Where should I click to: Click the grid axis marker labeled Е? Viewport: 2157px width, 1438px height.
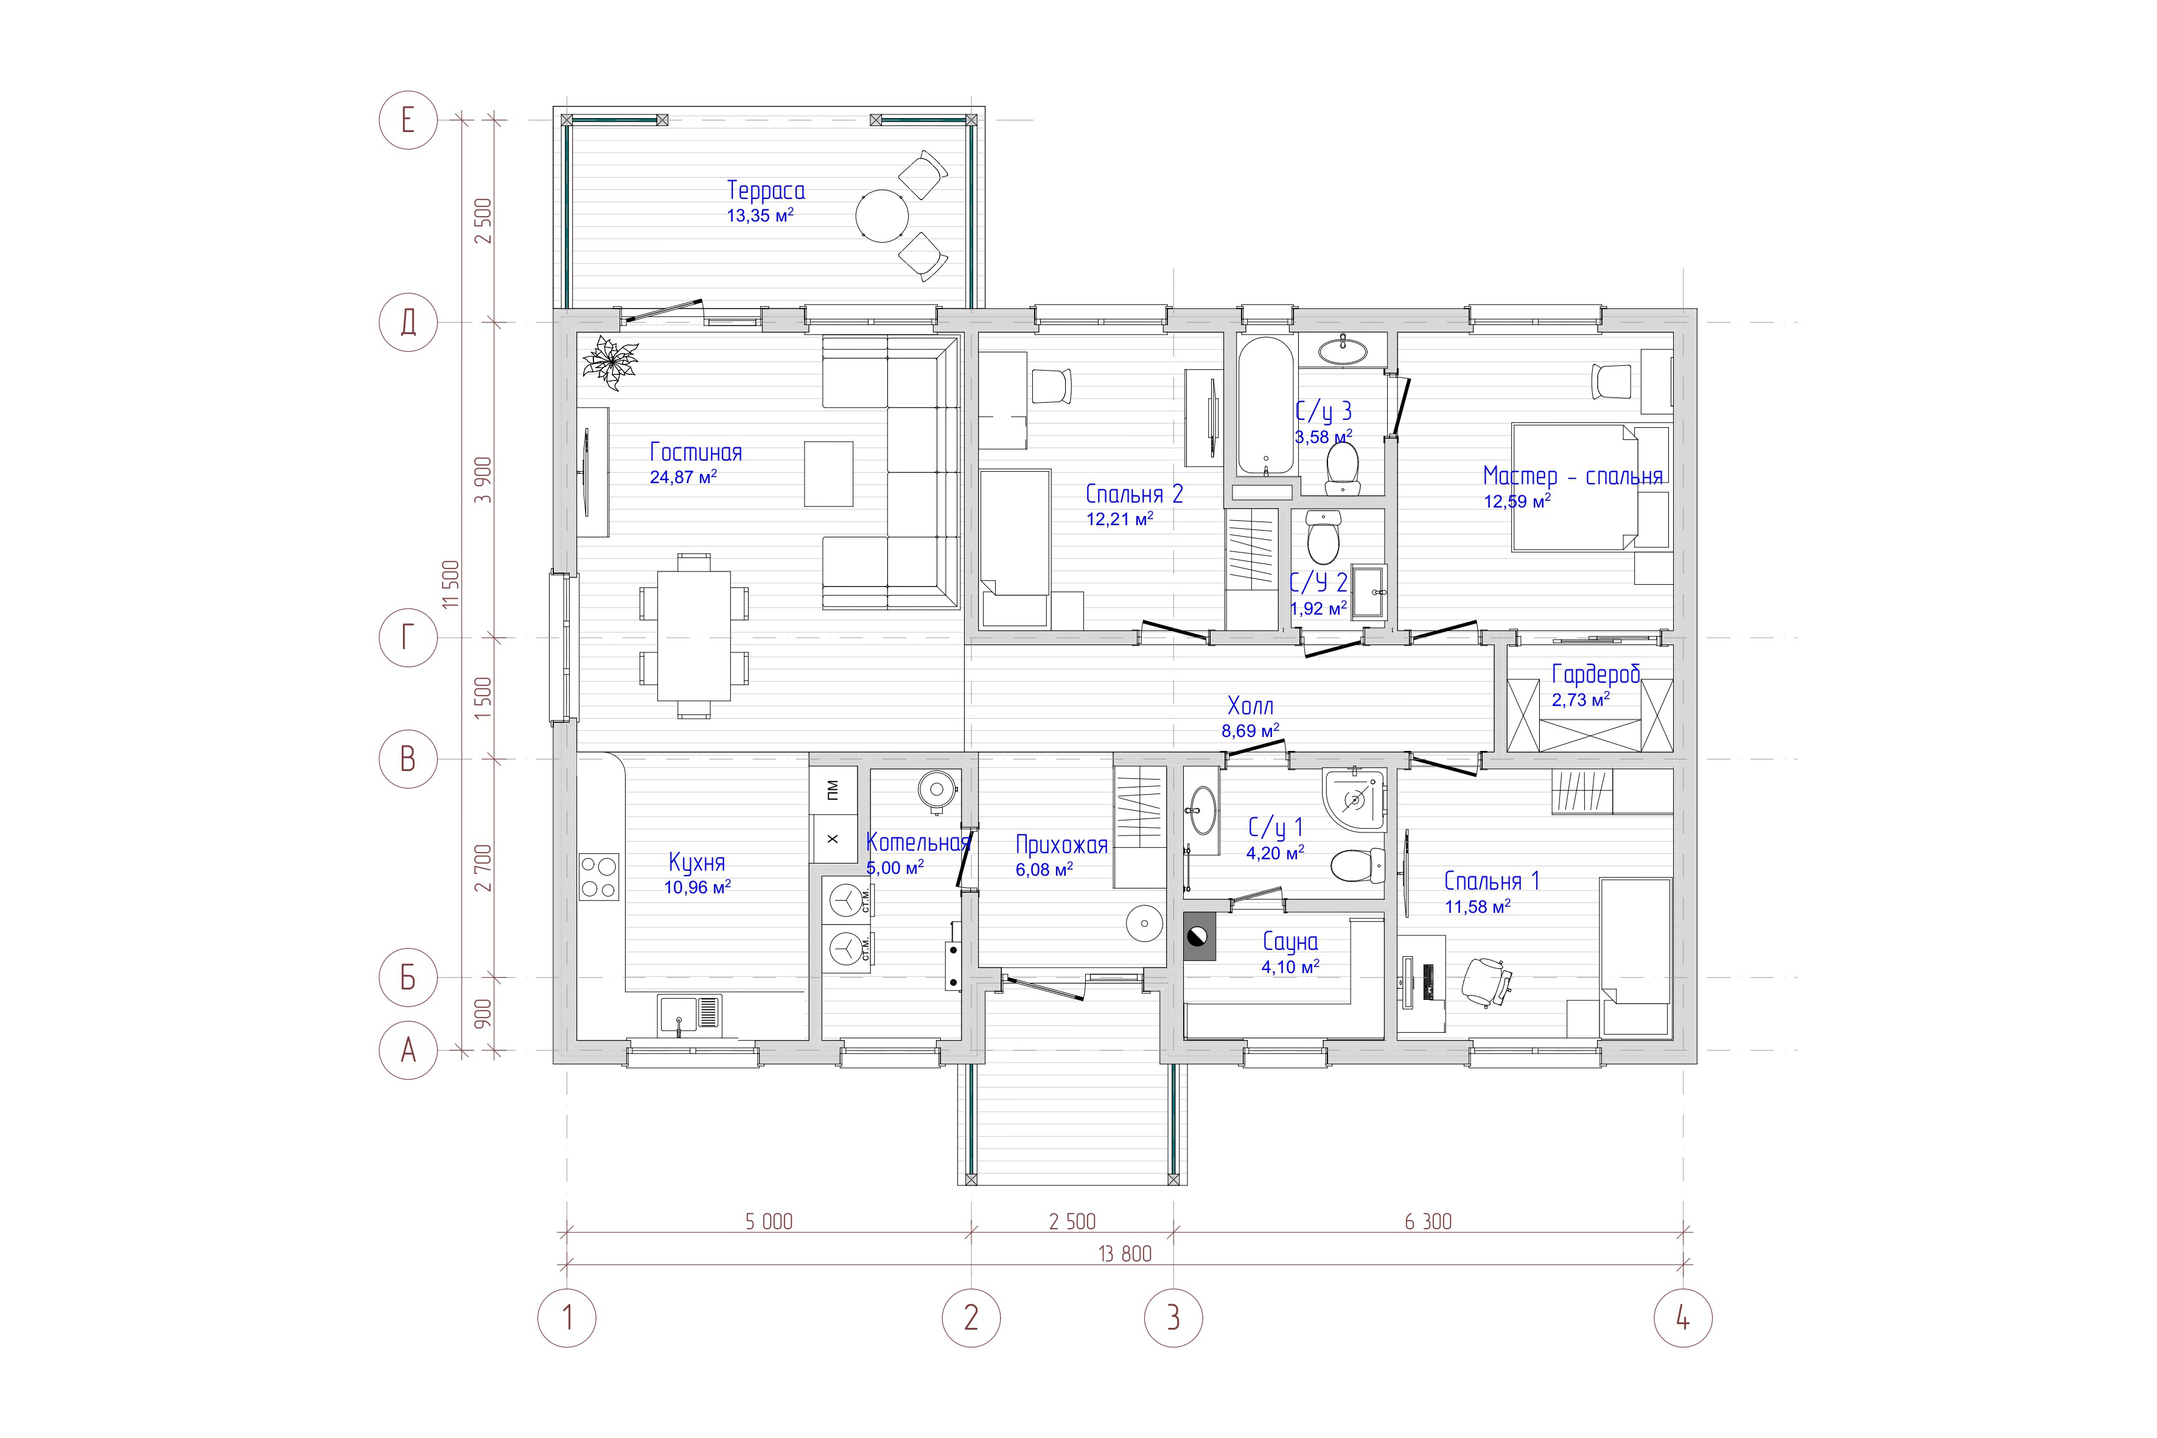point(408,120)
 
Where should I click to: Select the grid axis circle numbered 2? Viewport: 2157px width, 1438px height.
point(971,1318)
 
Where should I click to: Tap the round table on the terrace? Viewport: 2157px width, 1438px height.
point(883,215)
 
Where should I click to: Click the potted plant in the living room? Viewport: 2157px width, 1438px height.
point(609,360)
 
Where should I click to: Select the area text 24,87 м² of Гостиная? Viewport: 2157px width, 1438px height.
point(683,477)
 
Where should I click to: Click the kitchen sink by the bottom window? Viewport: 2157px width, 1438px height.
point(690,1016)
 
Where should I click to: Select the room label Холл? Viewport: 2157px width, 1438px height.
point(1250,706)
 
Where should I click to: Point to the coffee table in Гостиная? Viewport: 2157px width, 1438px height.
point(828,473)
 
